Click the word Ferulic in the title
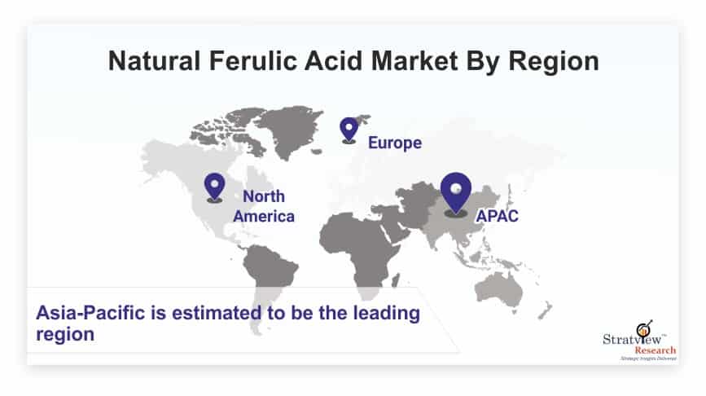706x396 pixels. pos(253,61)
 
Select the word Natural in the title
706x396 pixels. pos(154,61)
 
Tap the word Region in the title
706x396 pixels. pos(554,62)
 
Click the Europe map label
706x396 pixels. pos(395,143)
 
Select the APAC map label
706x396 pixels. pos(497,216)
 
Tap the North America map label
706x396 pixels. pos(264,206)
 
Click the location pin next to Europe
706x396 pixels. pos(349,130)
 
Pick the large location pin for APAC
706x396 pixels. pos(456,195)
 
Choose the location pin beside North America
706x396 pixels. pos(214,188)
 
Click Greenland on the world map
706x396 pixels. pos(290,130)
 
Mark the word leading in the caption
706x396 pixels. pos(386,314)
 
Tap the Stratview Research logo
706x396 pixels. pos(639,341)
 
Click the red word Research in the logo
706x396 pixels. pos(656,350)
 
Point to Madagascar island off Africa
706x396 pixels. pos(395,280)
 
